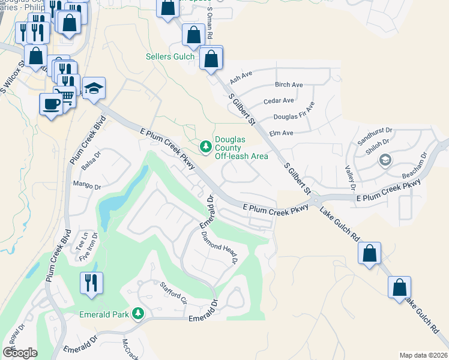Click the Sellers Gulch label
pyautogui.click(x=170, y=57)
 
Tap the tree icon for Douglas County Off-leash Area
pyautogui.click(x=205, y=146)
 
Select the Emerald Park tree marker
pyautogui.click(x=138, y=314)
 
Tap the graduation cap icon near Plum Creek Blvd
pyautogui.click(x=94, y=89)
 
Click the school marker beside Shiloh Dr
pyautogui.click(x=385, y=160)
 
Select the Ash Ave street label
pyautogui.click(x=241, y=76)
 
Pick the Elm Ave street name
pyautogui.click(x=281, y=133)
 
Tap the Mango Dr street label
pyautogui.click(x=84, y=184)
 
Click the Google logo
pyautogui.click(x=20, y=352)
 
